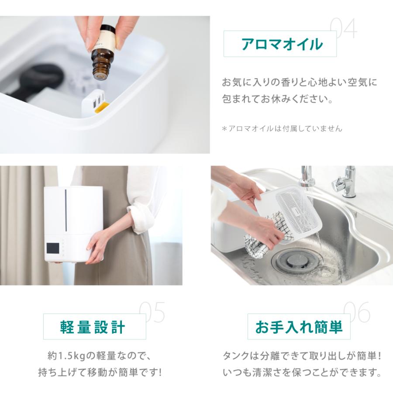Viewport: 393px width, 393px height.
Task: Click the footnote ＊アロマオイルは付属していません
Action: point(282,128)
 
